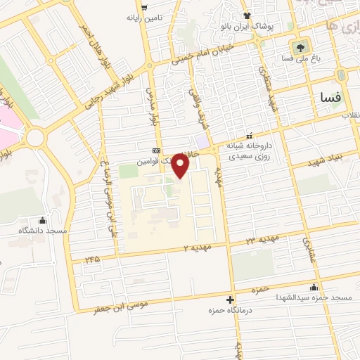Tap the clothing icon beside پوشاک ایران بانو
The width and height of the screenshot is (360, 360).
click(246, 15)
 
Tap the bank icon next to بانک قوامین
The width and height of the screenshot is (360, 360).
click(156, 150)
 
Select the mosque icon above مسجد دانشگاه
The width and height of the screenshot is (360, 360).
click(42, 221)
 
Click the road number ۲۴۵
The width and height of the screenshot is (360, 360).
click(93, 259)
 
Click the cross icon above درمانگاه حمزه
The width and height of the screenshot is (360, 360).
click(231, 300)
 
